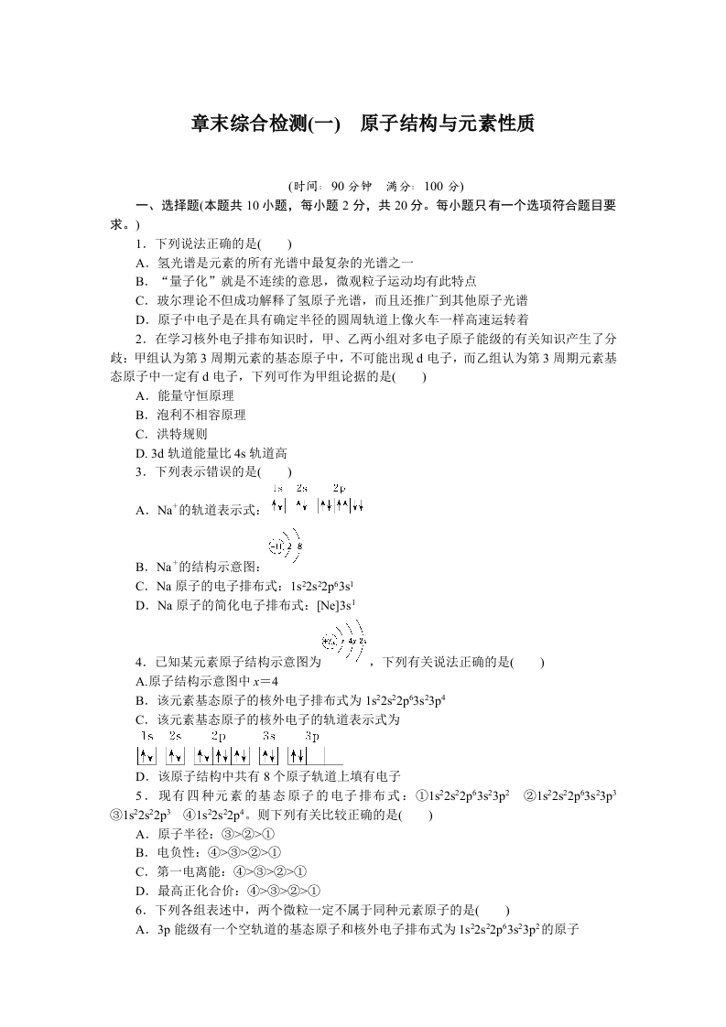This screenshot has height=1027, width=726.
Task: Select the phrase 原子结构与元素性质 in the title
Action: coord(447,124)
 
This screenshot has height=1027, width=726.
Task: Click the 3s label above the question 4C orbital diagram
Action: coord(269,735)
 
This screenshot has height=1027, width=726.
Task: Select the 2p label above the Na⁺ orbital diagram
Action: coord(339,488)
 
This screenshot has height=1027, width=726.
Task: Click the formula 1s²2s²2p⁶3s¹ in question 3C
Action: coord(322,586)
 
